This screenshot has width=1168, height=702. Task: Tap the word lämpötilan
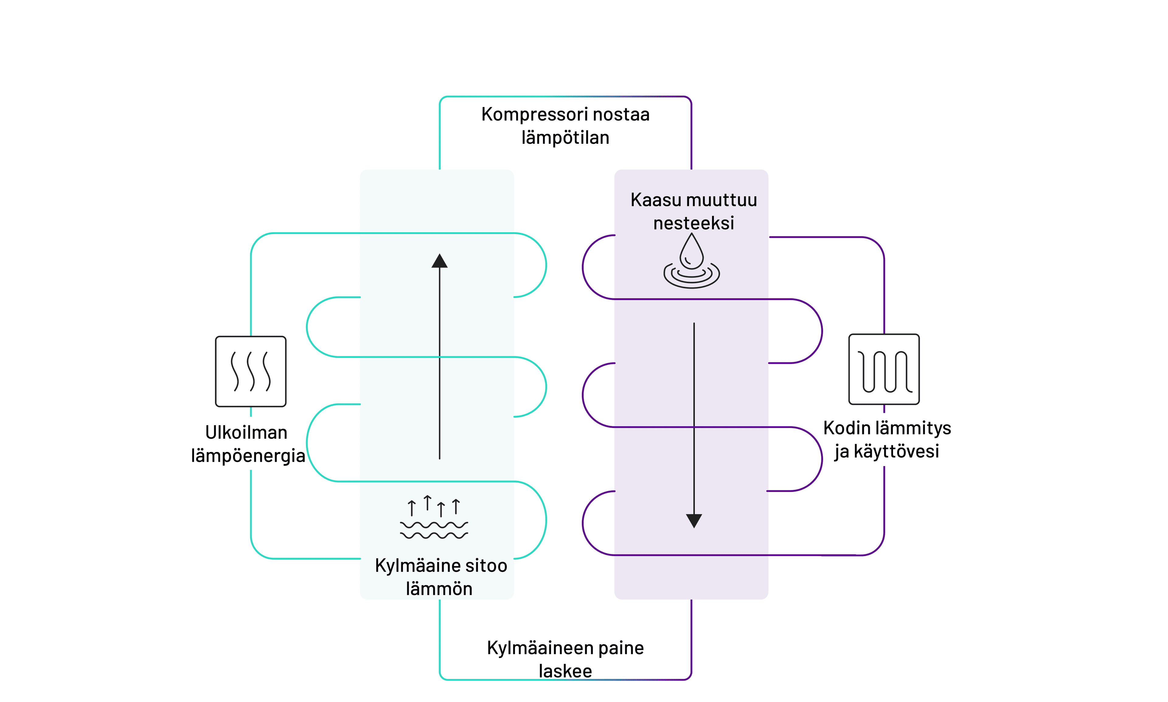pyautogui.click(x=565, y=138)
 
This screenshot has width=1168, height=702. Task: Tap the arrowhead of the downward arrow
pyautogui.click(x=694, y=520)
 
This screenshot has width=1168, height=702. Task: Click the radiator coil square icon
pyautogui.click(x=884, y=369)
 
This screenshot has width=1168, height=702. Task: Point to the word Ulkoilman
pyautogui.click(x=246, y=432)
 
